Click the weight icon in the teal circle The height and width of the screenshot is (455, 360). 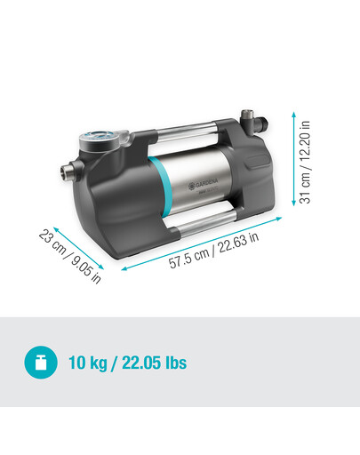tap(41, 363)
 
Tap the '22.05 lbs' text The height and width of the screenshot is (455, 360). tap(156, 363)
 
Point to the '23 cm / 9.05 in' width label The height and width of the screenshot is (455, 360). tap(70, 257)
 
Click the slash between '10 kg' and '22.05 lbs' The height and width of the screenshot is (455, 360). tap(120, 363)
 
